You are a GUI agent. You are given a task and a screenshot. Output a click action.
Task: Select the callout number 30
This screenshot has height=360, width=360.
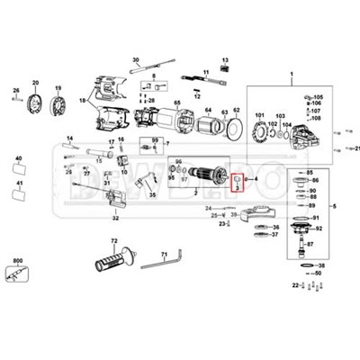pyautogui.click(x=136, y=59)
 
